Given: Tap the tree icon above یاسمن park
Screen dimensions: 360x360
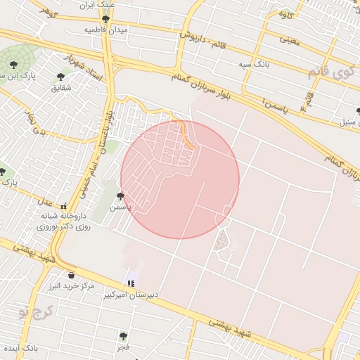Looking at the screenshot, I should pyautogui.click(x=120, y=197).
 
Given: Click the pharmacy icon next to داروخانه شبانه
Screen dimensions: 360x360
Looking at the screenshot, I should pyautogui.click(x=65, y=207).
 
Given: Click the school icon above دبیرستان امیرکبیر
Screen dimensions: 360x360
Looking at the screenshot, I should pyautogui.click(x=131, y=283).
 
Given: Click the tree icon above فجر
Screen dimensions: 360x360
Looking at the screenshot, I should pyautogui.click(x=123, y=336).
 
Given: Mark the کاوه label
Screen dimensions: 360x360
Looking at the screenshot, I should pyautogui.click(x=285, y=13).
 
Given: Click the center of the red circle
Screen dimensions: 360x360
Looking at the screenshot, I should pyautogui.click(x=180, y=179).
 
